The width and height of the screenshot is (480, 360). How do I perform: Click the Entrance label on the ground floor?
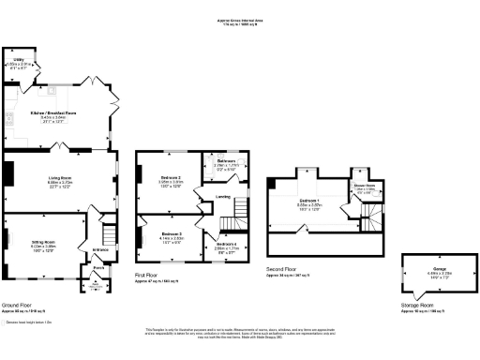click(x=100, y=249)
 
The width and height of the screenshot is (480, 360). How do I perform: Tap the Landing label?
click(x=223, y=196)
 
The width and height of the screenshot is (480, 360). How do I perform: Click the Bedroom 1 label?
click(x=310, y=201)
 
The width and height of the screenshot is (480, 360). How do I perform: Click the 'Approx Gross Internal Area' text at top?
click(x=239, y=16)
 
